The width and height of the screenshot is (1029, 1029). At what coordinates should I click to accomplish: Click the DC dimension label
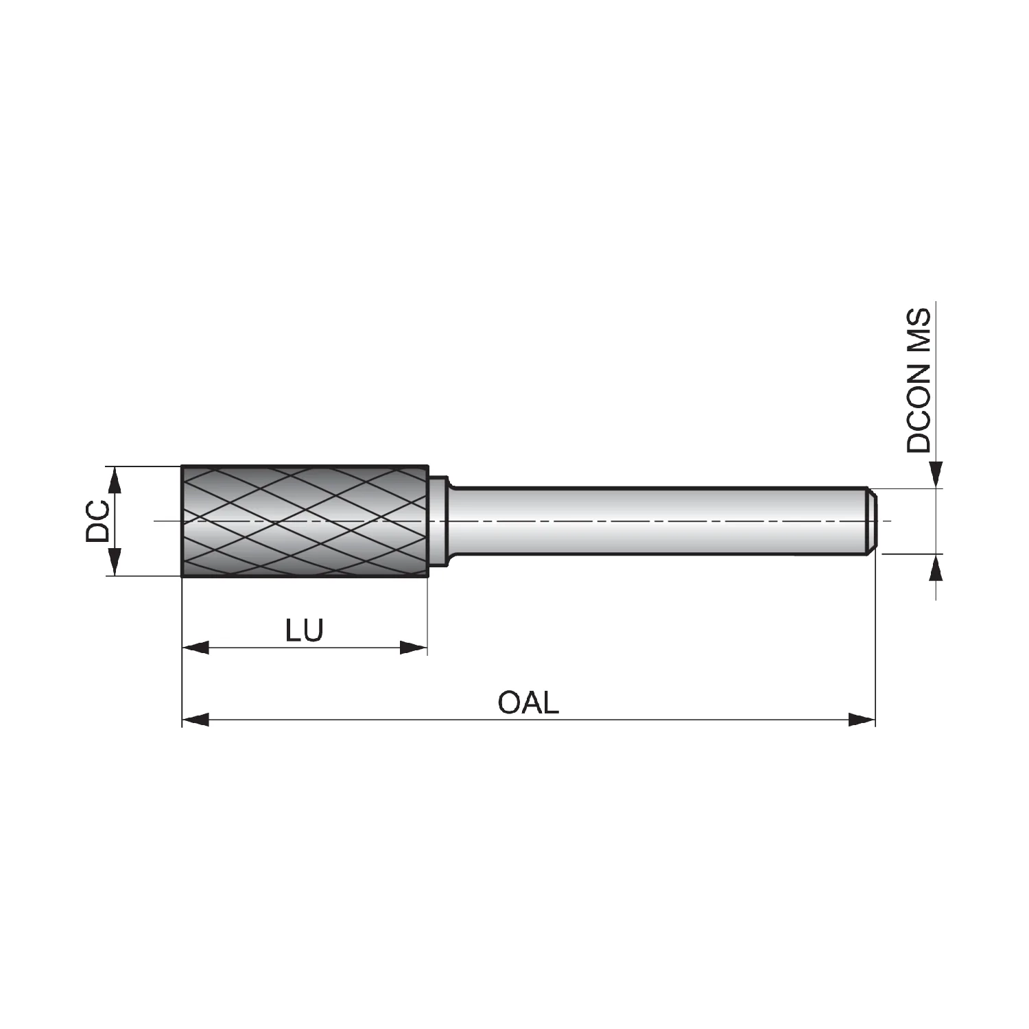click(97, 521)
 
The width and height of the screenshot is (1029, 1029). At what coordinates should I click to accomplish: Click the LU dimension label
click(305, 630)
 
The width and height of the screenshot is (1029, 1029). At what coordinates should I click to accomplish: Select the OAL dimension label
click(528, 702)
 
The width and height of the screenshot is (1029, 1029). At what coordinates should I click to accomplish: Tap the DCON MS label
click(919, 381)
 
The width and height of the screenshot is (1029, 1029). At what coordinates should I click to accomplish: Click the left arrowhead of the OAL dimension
click(196, 720)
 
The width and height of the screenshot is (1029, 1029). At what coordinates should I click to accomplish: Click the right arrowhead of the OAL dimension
click(862, 720)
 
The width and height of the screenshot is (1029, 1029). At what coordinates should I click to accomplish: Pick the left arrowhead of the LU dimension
click(196, 647)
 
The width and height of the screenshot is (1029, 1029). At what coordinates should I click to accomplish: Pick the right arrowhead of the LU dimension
click(414, 647)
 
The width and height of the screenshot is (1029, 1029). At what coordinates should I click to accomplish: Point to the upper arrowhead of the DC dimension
click(115, 480)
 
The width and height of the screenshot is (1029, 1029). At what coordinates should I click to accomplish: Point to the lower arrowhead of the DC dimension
click(115, 563)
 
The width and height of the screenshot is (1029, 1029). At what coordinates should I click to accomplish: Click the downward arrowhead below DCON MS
click(936, 475)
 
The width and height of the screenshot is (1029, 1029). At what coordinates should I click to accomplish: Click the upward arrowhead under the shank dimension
click(936, 567)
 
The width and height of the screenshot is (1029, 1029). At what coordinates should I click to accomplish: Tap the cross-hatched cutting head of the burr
click(305, 521)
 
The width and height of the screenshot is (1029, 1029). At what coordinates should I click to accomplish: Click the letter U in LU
click(314, 630)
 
